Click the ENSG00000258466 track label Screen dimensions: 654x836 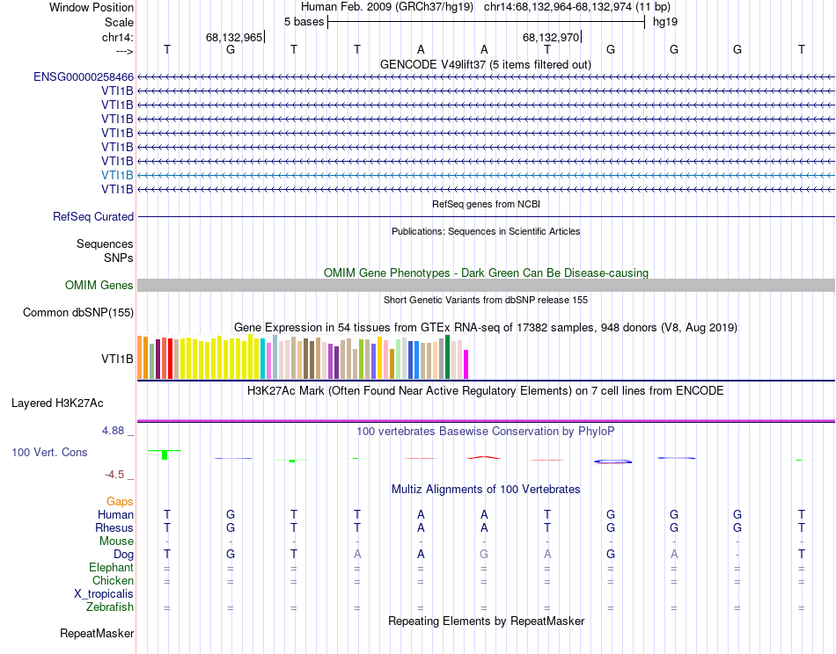coord(84,76)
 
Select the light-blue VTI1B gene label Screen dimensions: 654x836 coord(117,175)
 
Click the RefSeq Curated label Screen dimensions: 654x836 coord(93,216)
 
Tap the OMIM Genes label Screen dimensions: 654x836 coord(99,285)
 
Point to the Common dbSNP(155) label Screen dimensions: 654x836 coord(78,312)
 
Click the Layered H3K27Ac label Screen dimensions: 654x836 coord(57,403)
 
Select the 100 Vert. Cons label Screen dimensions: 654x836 coord(49,452)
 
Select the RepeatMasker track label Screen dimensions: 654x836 coord(97,633)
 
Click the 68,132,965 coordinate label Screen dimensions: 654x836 coord(233,38)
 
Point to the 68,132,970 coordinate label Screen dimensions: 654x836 coord(551,38)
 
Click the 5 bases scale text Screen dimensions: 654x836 coord(304,21)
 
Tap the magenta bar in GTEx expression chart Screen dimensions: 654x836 coord(466,365)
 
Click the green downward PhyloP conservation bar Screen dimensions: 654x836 coord(164,454)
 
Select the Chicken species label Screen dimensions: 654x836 coord(113,581)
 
